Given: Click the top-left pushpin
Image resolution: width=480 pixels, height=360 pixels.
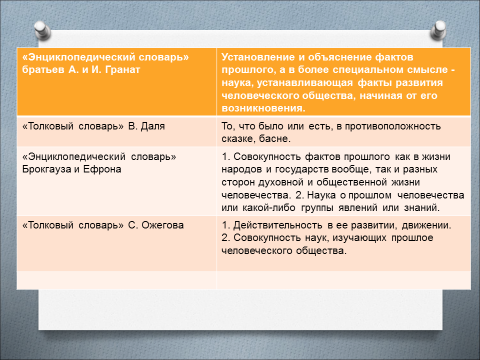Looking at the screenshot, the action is coord(42,30).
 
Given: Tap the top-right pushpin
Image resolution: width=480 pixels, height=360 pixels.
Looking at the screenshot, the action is coord(438,30).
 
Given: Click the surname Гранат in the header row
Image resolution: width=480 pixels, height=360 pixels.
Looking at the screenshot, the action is coord(122,70).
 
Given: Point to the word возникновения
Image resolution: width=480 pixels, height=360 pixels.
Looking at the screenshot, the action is coord(263,108).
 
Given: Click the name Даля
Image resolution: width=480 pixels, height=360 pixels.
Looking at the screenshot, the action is coord(153,126).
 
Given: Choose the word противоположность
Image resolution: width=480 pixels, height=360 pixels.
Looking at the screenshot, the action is coord(393,126).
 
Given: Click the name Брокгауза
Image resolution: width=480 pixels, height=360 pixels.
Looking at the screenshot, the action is coord(47,170).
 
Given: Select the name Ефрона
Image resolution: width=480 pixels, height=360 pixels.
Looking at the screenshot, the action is coord(102,170).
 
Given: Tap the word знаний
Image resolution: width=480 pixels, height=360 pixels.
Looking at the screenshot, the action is coord(422,208).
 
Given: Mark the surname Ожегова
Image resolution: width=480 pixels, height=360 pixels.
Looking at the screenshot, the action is coord(163,225).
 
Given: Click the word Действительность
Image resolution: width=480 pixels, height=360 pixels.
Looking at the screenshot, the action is coord(278,225).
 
